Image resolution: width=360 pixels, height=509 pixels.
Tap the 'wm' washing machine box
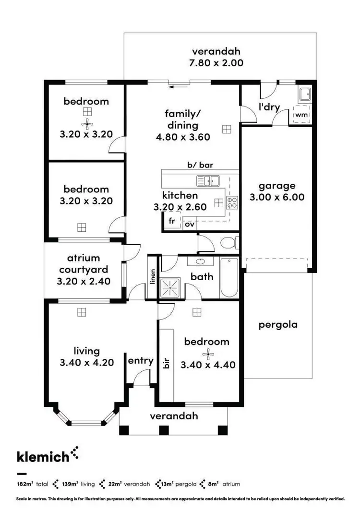pyautogui.click(x=301, y=115)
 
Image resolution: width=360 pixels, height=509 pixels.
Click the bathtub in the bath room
pyautogui.click(x=229, y=278)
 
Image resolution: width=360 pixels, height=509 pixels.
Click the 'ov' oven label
pyautogui.click(x=190, y=224)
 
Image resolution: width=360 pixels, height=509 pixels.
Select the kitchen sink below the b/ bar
pyautogui.click(x=207, y=181)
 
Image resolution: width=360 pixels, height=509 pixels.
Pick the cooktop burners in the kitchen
pyautogui.click(x=232, y=202)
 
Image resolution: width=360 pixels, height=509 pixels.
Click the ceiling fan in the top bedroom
pyautogui.click(x=87, y=125)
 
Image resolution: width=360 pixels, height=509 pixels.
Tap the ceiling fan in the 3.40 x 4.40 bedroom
pyautogui.click(x=207, y=355)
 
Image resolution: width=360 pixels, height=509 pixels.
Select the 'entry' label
pyautogui.click(x=141, y=361)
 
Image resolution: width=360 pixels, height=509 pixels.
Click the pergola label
pyautogui.click(x=278, y=324)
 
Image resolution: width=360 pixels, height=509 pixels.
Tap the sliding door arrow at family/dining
pyautogui.click(x=178, y=87)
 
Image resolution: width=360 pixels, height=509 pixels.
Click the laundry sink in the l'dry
pyautogui.click(x=304, y=94)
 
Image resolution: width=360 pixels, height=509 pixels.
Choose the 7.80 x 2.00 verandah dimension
pyautogui.click(x=216, y=63)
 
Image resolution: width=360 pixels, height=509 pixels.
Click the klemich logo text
pyautogui.click(x=43, y=456)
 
